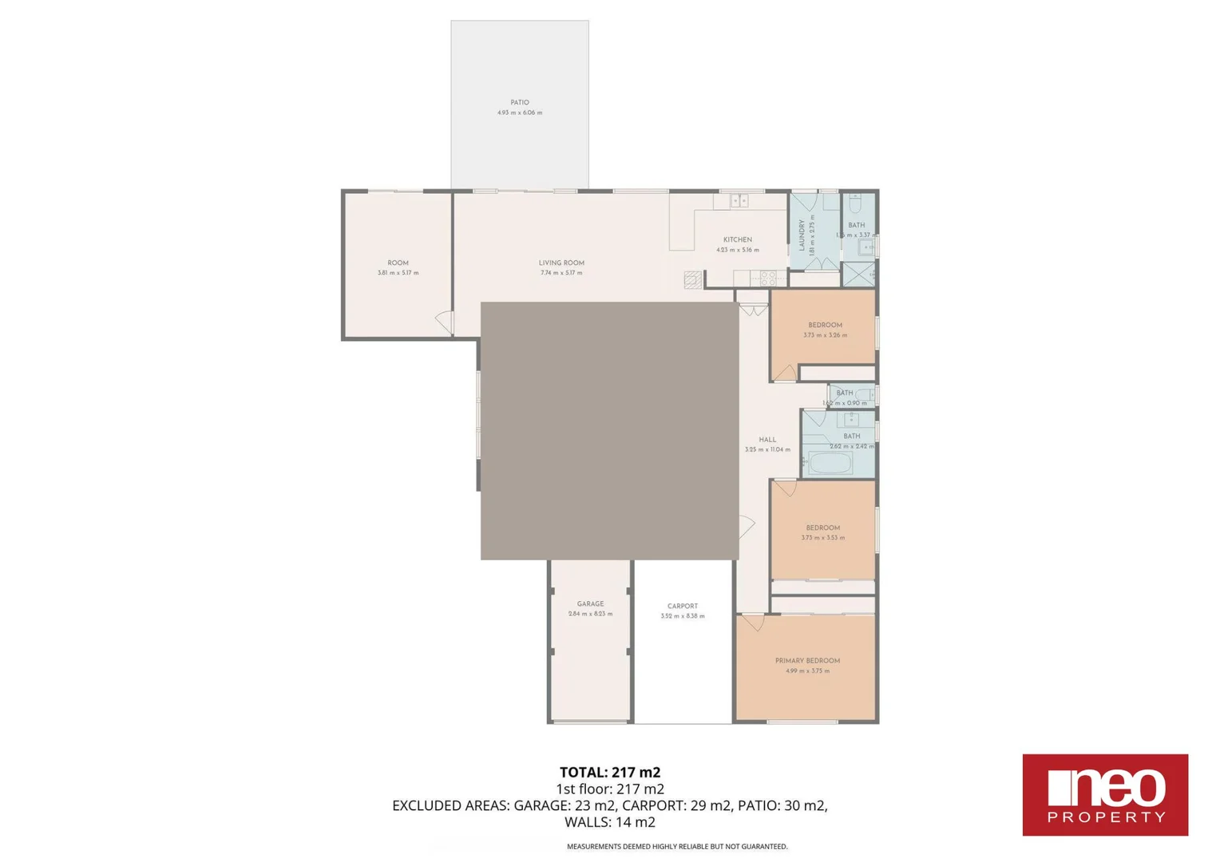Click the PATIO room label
point(520,103)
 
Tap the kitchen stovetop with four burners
point(768,279)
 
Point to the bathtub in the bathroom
point(830,464)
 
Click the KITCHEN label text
point(738,239)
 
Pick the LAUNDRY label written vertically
point(802,235)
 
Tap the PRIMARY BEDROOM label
point(807,661)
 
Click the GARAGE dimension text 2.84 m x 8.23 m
point(590,614)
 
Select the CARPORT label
point(683,607)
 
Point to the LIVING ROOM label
point(561,263)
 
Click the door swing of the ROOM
point(445,322)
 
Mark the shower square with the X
point(858,274)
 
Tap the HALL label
point(767,440)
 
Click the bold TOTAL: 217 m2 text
point(610,772)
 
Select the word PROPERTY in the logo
point(1106,817)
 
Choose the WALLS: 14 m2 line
point(610,822)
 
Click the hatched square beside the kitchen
point(692,279)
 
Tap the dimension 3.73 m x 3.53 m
point(823,538)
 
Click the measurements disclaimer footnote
point(677,847)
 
